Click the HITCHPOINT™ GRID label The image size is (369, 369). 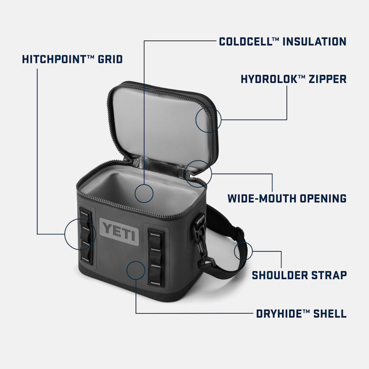point(72,59)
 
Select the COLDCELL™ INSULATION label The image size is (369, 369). point(282,41)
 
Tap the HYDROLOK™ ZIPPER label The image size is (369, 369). point(293,79)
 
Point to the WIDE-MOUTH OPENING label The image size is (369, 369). point(287,198)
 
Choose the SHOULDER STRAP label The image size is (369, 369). point(299,275)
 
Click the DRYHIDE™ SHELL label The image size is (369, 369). point(301,313)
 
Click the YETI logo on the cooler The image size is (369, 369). point(119,230)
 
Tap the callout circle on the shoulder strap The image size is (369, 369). point(243,251)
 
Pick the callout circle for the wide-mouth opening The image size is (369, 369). point(198,173)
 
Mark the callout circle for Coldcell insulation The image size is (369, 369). point(144,193)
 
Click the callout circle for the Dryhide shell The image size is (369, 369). point(136,270)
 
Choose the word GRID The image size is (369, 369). point(110,59)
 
